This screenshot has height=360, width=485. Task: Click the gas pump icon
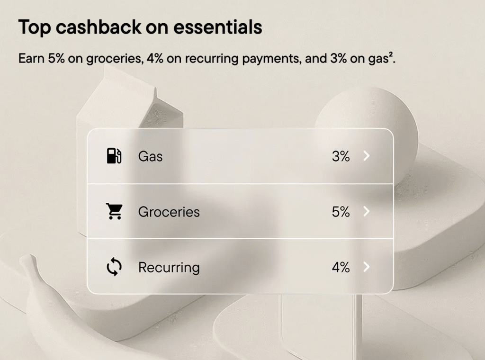114,156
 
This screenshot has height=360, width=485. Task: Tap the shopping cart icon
114,211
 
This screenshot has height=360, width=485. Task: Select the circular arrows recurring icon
114,267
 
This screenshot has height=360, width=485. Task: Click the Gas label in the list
150,156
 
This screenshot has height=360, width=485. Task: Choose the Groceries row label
169,212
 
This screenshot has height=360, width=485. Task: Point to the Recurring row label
169,268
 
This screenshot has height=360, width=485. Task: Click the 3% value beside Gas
341,156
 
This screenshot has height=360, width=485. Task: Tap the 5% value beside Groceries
341,212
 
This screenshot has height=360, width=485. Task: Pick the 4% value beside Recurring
341,268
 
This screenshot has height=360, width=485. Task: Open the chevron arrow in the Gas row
366,156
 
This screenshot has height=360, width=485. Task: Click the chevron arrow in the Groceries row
366,212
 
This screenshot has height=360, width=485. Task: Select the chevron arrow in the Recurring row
366,268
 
